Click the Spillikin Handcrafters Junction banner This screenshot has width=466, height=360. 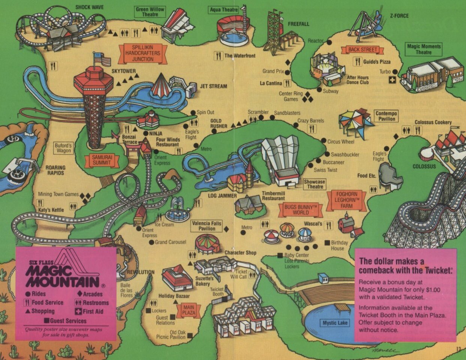pyautogui.click(x=143, y=53)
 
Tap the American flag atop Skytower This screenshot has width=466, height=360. pyautogui.click(x=102, y=59)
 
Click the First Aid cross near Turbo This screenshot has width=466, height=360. pyautogui.click(x=392, y=80)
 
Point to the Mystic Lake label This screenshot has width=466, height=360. pyautogui.click(x=335, y=323)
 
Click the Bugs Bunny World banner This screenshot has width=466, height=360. pyautogui.click(x=301, y=209)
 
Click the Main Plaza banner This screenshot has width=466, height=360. pyautogui.click(x=189, y=310)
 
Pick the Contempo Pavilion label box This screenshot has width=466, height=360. pyautogui.click(x=386, y=116)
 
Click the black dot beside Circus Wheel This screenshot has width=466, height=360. pyautogui.click(x=323, y=141)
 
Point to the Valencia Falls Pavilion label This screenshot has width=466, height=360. pyautogui.click(x=206, y=226)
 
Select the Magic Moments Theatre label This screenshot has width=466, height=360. pyautogui.click(x=424, y=49)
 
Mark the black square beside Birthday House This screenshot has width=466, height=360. pyautogui.click(x=327, y=243)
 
